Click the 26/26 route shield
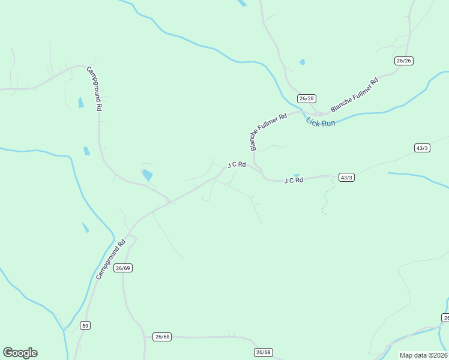coord(404,61)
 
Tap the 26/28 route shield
coord(307,98)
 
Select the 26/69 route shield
coord(123,268)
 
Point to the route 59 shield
coord(85,325)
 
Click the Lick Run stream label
coord(321,122)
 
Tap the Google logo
coord(20,353)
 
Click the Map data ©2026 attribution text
coord(424,355)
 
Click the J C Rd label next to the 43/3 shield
coord(294,180)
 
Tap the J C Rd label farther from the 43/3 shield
coord(237,164)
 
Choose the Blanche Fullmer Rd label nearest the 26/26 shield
coord(354,95)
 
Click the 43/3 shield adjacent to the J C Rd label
coord(346,177)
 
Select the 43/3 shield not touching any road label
coord(422,148)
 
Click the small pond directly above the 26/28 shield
coord(302,62)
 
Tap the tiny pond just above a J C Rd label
coord(297,175)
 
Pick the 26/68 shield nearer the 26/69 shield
coord(162,337)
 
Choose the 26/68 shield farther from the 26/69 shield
coord(263,352)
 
